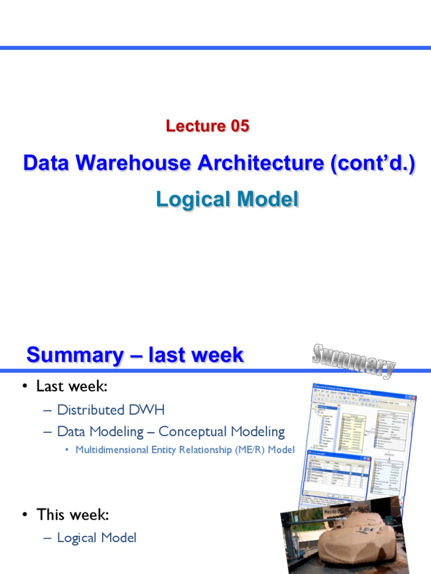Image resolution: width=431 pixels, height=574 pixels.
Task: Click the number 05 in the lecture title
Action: (x=234, y=127)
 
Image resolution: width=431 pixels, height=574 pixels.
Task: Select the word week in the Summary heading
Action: (x=215, y=355)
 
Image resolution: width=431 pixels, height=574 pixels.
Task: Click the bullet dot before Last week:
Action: (x=25, y=387)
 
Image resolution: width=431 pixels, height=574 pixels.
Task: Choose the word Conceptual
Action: (x=191, y=432)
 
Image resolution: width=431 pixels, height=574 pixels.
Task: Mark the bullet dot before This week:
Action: (x=25, y=515)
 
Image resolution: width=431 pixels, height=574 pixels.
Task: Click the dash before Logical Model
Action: (x=47, y=538)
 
